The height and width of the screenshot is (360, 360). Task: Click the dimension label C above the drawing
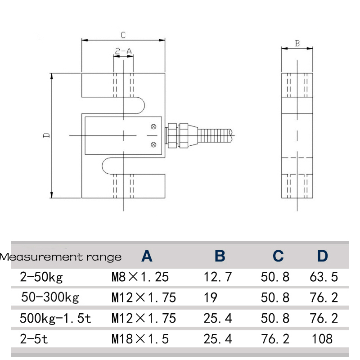(x=122, y=35)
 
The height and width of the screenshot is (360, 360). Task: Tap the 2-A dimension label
(x=123, y=52)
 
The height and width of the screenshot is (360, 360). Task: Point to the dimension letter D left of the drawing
(x=46, y=135)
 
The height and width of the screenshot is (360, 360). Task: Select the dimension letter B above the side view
(x=297, y=43)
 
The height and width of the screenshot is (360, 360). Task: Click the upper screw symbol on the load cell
(x=153, y=126)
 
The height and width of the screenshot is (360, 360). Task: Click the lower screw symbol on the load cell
(x=153, y=144)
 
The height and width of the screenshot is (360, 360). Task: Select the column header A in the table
(x=147, y=256)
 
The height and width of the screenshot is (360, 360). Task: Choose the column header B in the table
(x=220, y=256)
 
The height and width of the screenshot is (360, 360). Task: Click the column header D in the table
(x=322, y=256)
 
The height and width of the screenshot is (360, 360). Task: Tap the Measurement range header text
(x=61, y=257)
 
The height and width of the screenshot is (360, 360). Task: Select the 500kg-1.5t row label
(x=55, y=318)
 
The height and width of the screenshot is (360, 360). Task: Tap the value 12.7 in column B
(x=217, y=277)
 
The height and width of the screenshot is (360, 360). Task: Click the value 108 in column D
(x=322, y=338)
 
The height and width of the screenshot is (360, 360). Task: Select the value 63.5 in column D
(x=324, y=277)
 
